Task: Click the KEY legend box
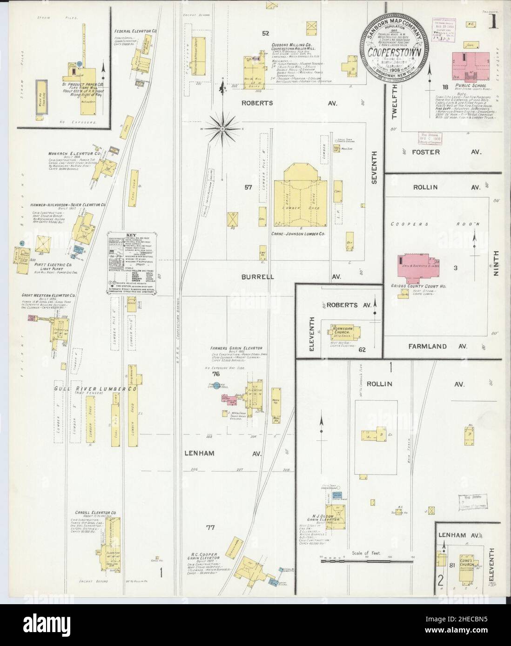(x=132, y=263)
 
